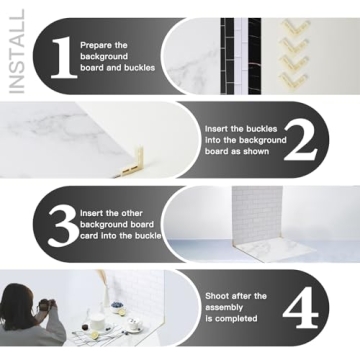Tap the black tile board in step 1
[240, 54]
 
